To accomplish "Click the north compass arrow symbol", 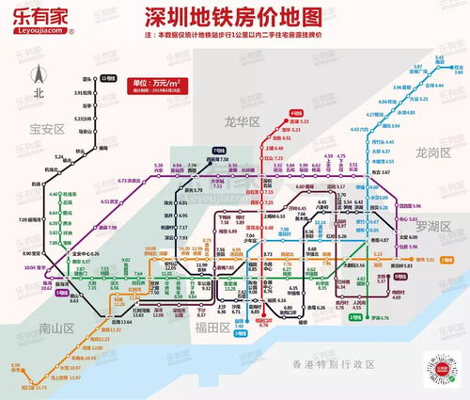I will (39, 76).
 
